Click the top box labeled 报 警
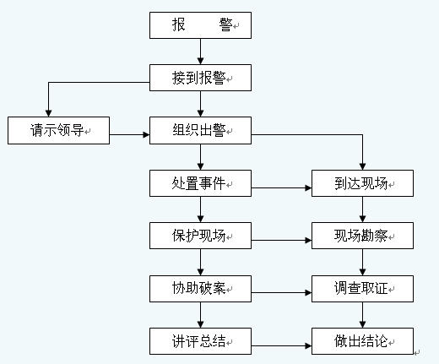pos(200,25)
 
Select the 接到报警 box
pos(200,78)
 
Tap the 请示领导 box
pos(58,131)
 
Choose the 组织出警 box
pos(200,131)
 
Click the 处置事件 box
pos(200,183)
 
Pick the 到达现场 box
pos(362,183)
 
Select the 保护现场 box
pos(200,236)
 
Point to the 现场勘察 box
pos(362,236)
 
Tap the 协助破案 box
pos(200,289)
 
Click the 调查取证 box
pos(362,289)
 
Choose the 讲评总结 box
pos(200,341)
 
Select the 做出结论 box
pos(362,341)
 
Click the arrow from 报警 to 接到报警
pos(200,52)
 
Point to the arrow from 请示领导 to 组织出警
pos(129,134)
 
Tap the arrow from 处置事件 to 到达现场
pos(281,187)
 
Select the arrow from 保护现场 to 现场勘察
pos(281,240)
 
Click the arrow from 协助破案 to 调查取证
pos(281,293)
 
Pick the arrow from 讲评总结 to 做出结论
pos(281,345)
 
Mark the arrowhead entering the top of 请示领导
pos(48,113)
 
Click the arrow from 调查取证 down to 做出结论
pos(362,315)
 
